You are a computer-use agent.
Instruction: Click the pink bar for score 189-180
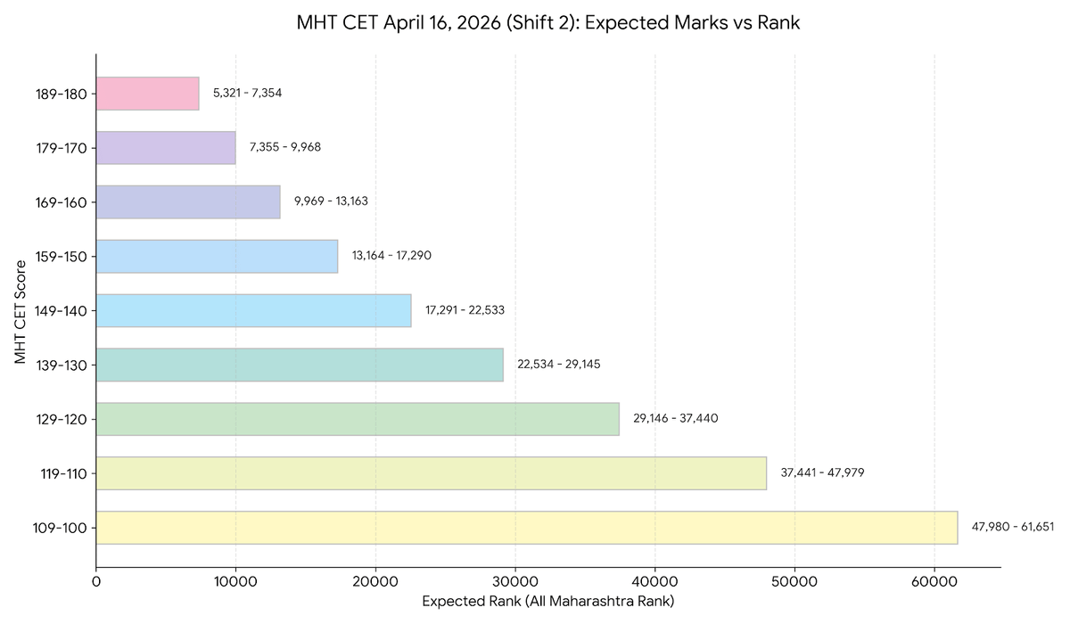[147, 94]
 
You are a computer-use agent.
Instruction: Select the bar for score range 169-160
[188, 201]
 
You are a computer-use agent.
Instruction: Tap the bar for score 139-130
[300, 365]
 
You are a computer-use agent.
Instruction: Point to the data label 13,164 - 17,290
[391, 256]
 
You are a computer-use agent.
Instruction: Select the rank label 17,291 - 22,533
[465, 310]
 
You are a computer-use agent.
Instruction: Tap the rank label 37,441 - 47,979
[822, 472]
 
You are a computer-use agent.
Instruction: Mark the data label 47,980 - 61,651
[1012, 527]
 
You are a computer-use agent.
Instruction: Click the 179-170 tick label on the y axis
[62, 148]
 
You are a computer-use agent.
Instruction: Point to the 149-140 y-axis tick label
[62, 310]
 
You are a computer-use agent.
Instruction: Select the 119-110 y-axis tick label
[62, 473]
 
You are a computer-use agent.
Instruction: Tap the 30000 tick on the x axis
[515, 580]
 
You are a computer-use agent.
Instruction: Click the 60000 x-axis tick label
[934, 580]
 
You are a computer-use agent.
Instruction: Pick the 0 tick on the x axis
[96, 580]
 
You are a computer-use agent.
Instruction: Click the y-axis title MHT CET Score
[21, 310]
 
